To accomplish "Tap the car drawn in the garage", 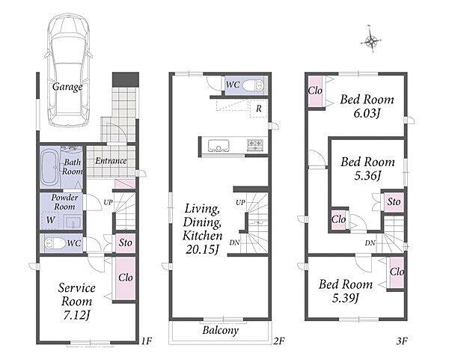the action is (x=68, y=70).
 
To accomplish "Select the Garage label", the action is (x=67, y=87).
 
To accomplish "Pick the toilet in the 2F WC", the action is (x=253, y=85).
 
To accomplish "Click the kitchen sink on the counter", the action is (x=219, y=145).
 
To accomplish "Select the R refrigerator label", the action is (x=259, y=109).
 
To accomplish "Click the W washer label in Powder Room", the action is (x=50, y=220).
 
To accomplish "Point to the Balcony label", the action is (x=221, y=331).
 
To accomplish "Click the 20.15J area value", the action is (x=202, y=250).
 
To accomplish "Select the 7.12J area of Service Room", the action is (x=77, y=315).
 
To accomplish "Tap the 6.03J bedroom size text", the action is (x=367, y=114).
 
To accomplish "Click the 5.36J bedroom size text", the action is (x=367, y=176).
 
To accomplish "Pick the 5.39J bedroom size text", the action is (x=346, y=298).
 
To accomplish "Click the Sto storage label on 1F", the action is (x=126, y=242).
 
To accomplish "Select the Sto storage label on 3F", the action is (x=394, y=201).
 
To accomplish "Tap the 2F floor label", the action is (x=278, y=341).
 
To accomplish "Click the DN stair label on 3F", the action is (x=370, y=243).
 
